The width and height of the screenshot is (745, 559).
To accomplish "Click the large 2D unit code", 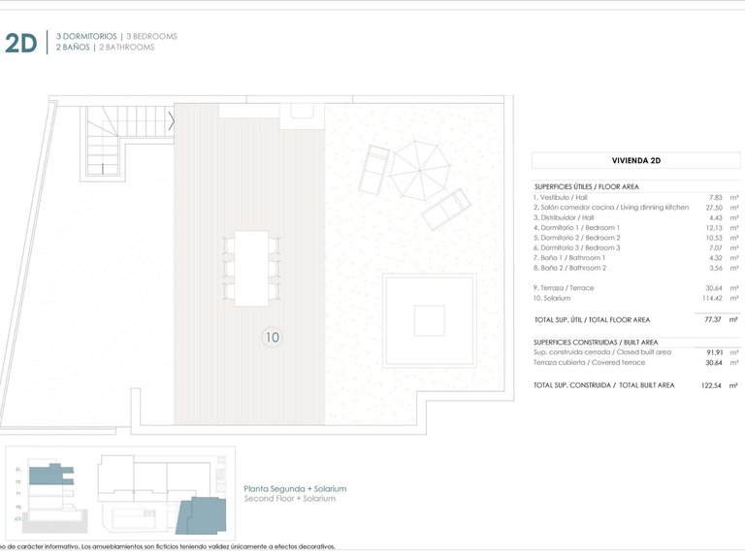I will point(21,43).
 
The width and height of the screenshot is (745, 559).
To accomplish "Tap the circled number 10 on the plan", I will point(273,338).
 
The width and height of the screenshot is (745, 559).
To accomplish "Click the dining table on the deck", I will point(252,268).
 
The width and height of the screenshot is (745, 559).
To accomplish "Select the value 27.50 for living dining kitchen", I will point(716,207).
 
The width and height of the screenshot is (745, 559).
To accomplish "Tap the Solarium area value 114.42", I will point(714,298).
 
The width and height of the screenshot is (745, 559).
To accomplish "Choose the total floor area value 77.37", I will point(716,319).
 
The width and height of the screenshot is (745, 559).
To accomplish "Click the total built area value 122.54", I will point(713,385).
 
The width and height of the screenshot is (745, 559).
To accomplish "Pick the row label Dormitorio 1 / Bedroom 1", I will point(576,227).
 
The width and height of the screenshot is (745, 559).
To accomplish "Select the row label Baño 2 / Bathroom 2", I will point(569,268).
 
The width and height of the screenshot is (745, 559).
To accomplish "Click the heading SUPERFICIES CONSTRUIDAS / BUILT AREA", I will point(596,342).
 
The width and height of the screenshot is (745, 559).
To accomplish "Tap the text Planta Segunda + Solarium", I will point(295,489).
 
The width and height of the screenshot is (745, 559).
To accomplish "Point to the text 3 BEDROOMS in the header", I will point(151,36).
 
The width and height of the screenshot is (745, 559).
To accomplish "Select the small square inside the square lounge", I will point(429,320).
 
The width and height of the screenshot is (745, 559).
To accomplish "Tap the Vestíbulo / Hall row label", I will point(562,197).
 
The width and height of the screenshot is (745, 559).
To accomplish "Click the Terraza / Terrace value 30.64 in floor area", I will point(716,288).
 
